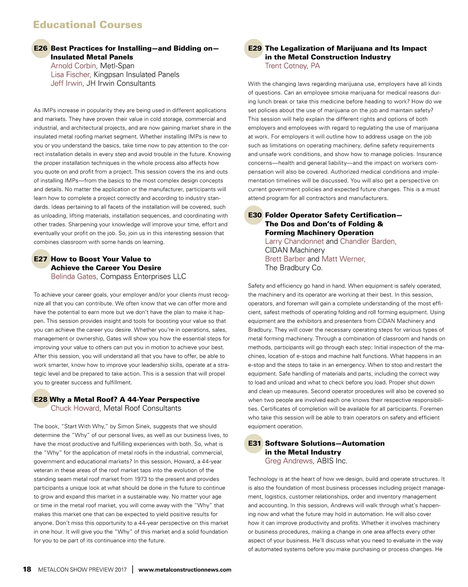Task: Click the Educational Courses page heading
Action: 88,25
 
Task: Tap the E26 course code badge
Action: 41,48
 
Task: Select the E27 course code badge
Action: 41,259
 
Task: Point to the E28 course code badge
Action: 41,400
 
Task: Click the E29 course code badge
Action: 255,48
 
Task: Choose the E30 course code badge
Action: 255,215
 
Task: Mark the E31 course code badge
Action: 255,443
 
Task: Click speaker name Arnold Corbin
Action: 73,66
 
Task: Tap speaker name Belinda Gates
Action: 74,277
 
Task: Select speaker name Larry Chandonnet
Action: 294,241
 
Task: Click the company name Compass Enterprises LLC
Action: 143,277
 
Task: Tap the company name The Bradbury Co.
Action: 294,268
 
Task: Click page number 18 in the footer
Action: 27,569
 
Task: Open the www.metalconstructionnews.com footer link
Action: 185,570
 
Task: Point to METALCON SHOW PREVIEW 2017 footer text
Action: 82,570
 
